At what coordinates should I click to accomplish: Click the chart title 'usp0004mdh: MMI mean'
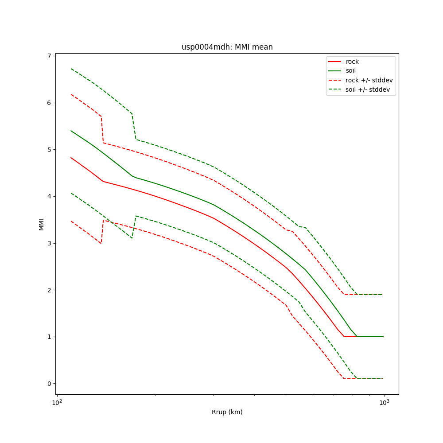227,47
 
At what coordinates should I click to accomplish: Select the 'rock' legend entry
352,62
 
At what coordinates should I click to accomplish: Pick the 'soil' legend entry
351,71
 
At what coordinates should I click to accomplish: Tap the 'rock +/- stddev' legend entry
369,80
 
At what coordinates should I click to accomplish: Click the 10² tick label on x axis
56,402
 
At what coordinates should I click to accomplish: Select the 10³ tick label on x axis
384,402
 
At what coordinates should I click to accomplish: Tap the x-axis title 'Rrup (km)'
227,412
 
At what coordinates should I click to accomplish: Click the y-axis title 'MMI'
41,224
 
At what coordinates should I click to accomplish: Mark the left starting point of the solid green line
71,131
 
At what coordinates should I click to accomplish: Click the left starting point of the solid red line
71,157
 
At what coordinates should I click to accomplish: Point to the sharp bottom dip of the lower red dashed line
101,243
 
